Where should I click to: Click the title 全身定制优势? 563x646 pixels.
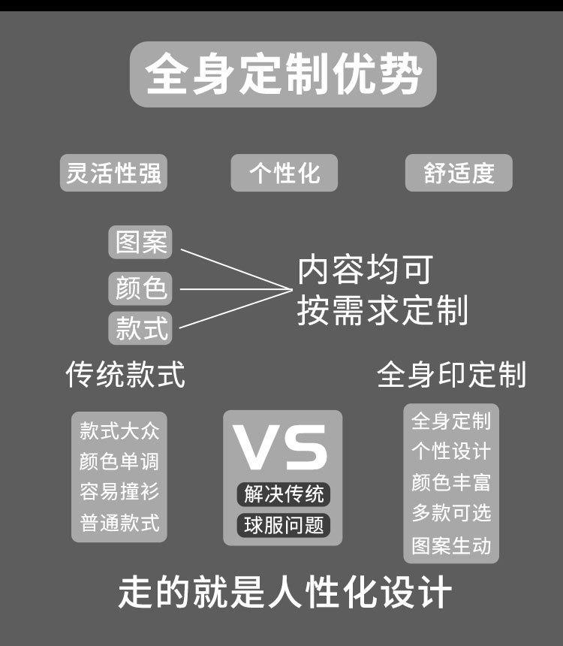(283, 74)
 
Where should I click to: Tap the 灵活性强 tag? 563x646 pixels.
(113, 174)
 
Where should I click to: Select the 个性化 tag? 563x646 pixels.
(284, 174)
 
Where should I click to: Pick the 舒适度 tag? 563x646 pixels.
(459, 174)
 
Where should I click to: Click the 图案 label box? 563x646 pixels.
(140, 243)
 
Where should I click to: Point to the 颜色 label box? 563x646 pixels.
(140, 287)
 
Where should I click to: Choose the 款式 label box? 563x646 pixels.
(140, 328)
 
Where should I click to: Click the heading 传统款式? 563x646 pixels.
(125, 374)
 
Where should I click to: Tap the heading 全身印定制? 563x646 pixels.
(451, 374)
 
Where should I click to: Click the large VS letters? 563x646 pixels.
(281, 448)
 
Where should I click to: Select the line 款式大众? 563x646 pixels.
(119, 431)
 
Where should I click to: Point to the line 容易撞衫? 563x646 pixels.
(119, 492)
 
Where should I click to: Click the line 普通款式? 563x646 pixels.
(119, 523)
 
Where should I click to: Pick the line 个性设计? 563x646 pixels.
(451, 451)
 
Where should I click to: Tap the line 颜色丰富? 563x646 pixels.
(451, 481)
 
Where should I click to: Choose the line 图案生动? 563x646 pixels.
(451, 545)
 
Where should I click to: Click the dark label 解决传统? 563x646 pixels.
(284, 494)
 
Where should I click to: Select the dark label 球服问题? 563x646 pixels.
(284, 525)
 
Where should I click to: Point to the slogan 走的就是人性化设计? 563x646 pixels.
(285, 593)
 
